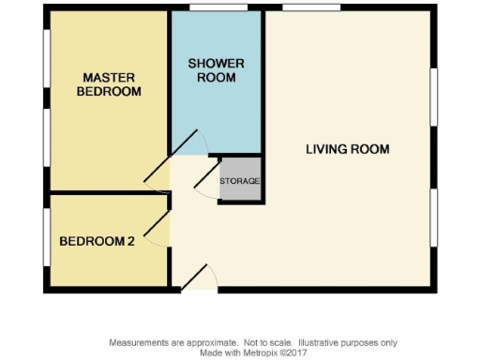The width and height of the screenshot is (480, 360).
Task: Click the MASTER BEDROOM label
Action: pyautogui.click(x=111, y=84)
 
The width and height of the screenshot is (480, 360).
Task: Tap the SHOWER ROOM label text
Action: pyautogui.click(x=217, y=70)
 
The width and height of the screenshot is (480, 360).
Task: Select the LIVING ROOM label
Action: pyautogui.click(x=347, y=149)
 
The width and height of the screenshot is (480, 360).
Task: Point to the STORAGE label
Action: pyautogui.click(x=240, y=181)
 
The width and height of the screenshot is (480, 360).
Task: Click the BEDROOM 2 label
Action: pyautogui.click(x=97, y=241)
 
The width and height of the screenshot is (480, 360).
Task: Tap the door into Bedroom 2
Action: pyautogui.click(x=156, y=225)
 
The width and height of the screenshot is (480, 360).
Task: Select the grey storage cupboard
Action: pyautogui.click(x=240, y=180)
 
